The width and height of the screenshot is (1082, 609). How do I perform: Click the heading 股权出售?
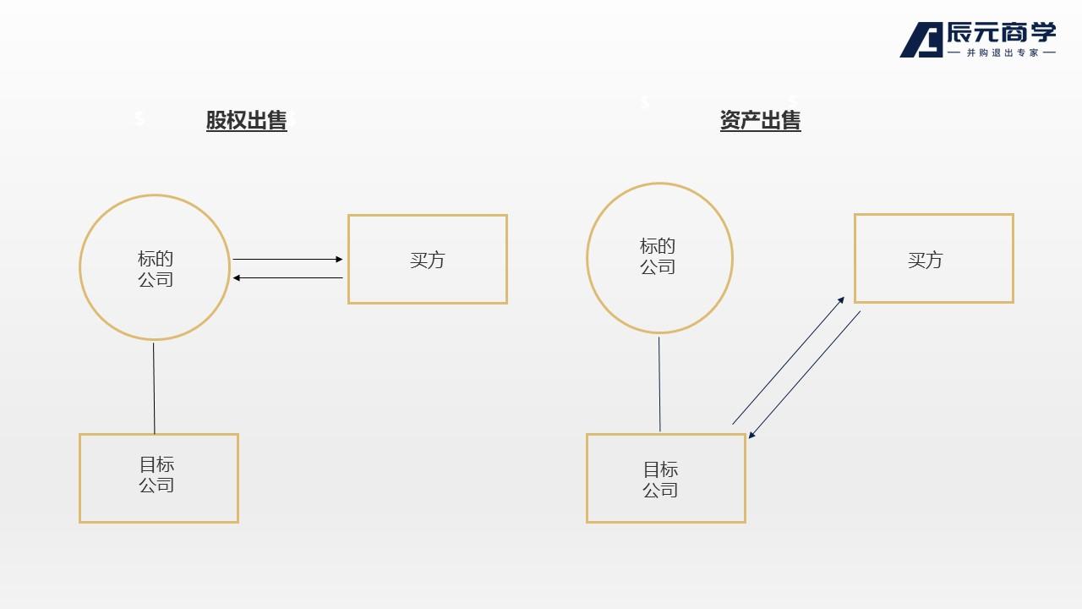point(246,121)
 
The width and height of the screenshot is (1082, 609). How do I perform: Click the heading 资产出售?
point(760,121)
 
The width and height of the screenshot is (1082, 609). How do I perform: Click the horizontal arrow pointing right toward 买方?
point(287,259)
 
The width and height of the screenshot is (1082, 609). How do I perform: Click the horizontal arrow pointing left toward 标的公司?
point(287,277)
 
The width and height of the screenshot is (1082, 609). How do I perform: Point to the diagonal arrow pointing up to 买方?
point(788,360)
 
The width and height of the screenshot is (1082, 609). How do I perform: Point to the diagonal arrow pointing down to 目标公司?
point(805,374)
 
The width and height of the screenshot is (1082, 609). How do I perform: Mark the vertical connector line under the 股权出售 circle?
point(154,387)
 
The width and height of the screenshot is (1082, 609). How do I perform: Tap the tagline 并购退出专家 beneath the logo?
point(1002,52)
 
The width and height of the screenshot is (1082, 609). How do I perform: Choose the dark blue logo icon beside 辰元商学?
point(921,40)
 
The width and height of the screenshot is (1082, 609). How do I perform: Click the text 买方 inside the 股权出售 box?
point(427,260)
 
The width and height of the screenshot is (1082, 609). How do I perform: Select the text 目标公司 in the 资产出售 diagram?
point(660,480)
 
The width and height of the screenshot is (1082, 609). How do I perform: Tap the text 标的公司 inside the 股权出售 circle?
point(156,269)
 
